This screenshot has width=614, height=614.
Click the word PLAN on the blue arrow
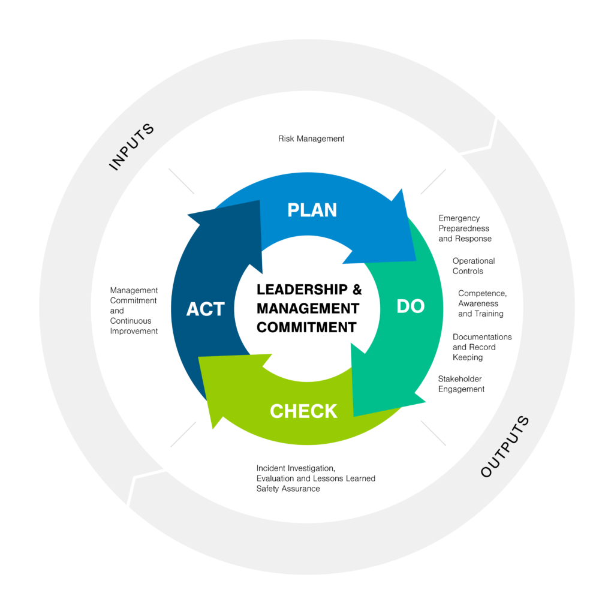coord(312,210)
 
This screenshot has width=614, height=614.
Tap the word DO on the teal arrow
coord(411,306)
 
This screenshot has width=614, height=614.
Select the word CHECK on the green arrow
coord(303,411)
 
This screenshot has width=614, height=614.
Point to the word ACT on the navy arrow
coord(205,309)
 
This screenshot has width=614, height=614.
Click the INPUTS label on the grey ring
coord(131,147)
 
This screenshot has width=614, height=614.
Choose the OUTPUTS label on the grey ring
coord(505,447)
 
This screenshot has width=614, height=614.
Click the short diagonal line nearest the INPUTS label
coord(182,181)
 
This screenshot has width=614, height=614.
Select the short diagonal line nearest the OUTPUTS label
coord(434,433)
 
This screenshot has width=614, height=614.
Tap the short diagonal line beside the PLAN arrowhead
coord(434,181)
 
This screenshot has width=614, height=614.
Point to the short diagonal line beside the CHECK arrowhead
coord(183,434)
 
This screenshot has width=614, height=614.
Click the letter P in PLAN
coord(293,210)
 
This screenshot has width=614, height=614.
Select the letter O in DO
coord(418,306)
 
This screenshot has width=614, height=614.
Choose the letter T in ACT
coord(219,309)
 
